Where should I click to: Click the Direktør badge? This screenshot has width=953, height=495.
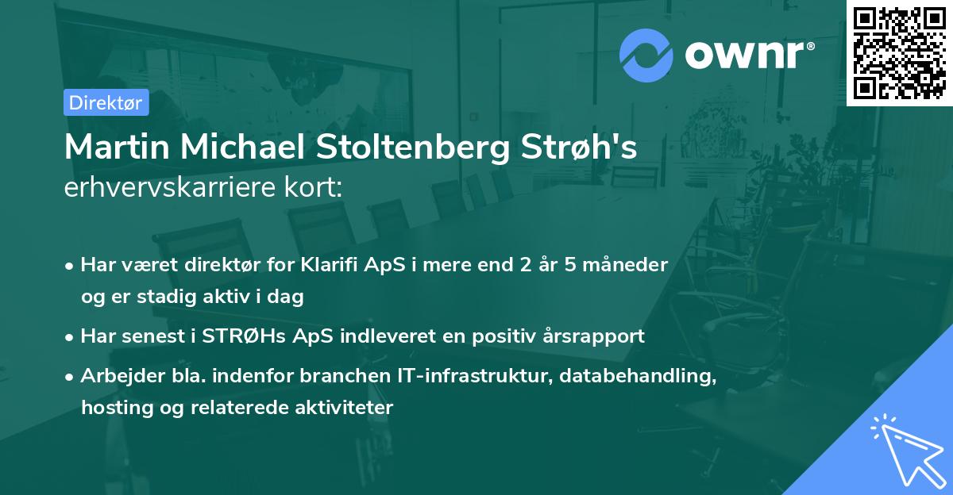click(x=106, y=102)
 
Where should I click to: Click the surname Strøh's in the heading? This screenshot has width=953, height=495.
click(x=569, y=148)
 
